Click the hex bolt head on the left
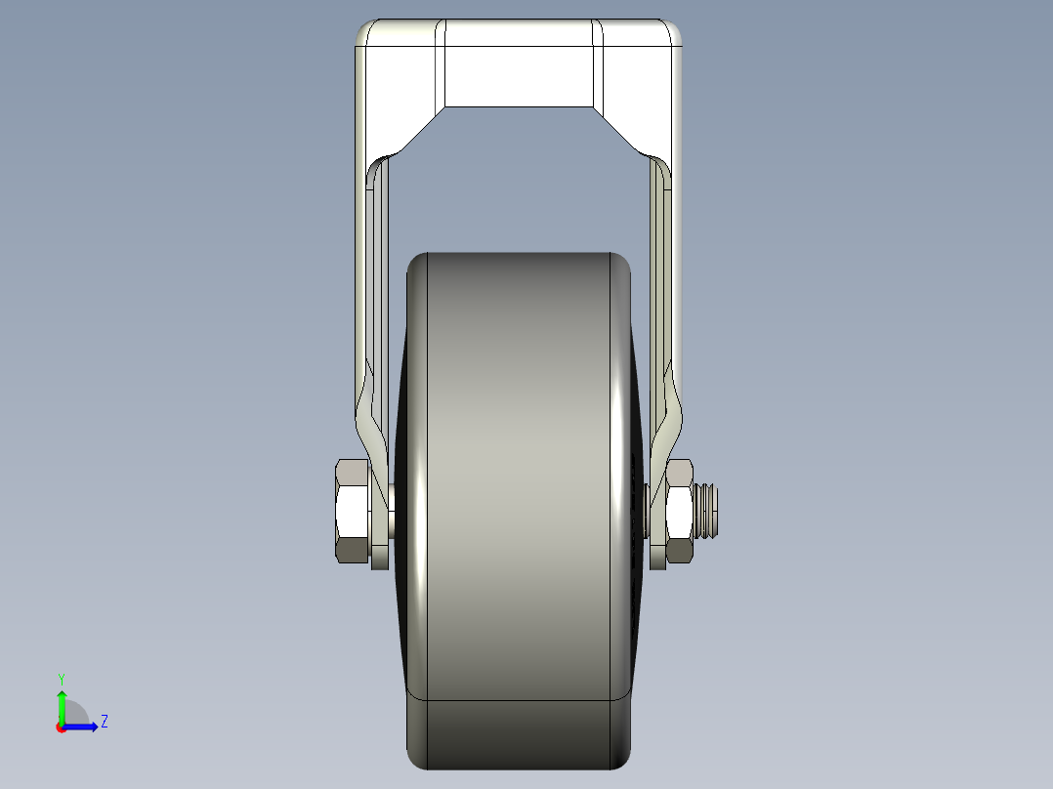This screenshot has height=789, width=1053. [352, 511]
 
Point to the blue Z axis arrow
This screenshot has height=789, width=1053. [83, 726]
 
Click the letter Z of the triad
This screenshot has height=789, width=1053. [104, 722]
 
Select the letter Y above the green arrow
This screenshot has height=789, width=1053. [62, 678]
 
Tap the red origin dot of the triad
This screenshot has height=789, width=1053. [61, 727]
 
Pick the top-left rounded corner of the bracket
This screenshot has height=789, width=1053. [364, 30]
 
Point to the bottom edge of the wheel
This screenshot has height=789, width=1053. [518, 768]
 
